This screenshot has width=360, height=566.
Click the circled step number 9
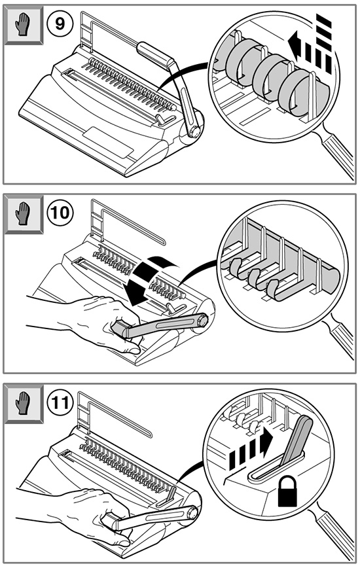[60, 24]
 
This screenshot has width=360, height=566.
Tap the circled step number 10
[60, 212]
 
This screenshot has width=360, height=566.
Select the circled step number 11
[60, 402]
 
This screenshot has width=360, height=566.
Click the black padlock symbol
[287, 491]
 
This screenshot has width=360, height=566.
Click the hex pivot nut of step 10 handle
[202, 320]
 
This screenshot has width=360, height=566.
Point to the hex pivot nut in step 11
[192, 512]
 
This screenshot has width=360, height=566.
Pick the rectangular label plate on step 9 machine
[108, 142]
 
